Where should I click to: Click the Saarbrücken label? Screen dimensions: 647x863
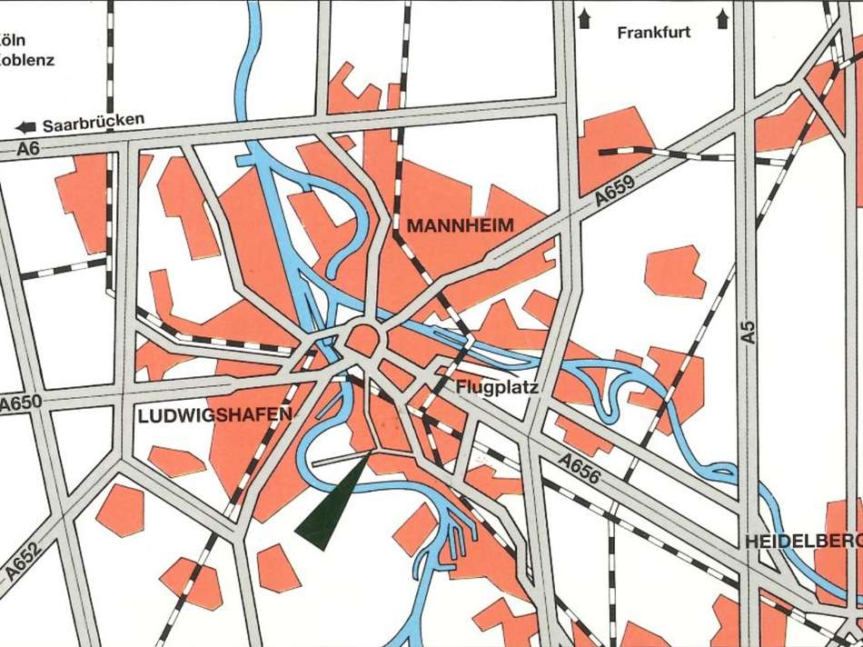pyautogui.click(x=94, y=119)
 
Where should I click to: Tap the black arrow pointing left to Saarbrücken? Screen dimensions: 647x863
pyautogui.click(x=26, y=126)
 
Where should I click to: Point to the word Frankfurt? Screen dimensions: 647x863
pyautogui.click(x=653, y=33)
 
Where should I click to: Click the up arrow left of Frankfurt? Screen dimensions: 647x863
pyautogui.click(x=584, y=16)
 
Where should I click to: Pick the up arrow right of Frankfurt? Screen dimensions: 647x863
pyautogui.click(x=723, y=16)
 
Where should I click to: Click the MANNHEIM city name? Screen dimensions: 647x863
pyautogui.click(x=460, y=225)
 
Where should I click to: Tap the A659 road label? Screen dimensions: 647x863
pyautogui.click(x=615, y=193)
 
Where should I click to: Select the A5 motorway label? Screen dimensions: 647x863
pyautogui.click(x=749, y=331)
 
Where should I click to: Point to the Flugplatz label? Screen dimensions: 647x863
pyautogui.click(x=497, y=388)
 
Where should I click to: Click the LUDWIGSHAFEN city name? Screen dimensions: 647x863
pyautogui.click(x=215, y=416)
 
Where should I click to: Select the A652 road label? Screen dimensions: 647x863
pyautogui.click(x=24, y=556)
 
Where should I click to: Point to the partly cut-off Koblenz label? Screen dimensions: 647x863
pyautogui.click(x=26, y=61)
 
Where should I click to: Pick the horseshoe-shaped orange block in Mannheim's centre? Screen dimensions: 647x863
pyautogui.click(x=365, y=341)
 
